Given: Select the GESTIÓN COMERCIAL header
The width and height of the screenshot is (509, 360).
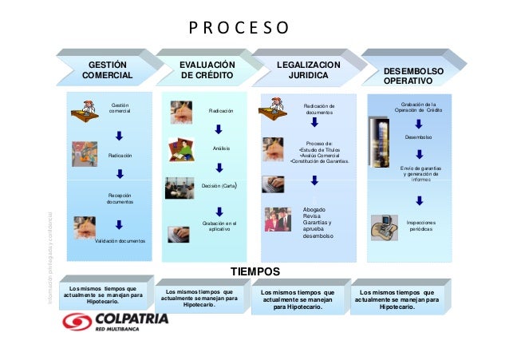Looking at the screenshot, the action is click(111, 70).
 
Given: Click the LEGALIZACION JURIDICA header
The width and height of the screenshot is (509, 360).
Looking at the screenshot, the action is click(307, 70).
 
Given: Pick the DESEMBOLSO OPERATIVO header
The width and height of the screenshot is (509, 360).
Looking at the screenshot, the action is click(413, 76).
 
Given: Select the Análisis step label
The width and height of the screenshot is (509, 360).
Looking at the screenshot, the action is click(220, 148).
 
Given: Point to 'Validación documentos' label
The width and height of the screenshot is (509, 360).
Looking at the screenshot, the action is click(120, 239).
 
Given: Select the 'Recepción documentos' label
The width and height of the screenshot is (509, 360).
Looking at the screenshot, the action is click(120, 198).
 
